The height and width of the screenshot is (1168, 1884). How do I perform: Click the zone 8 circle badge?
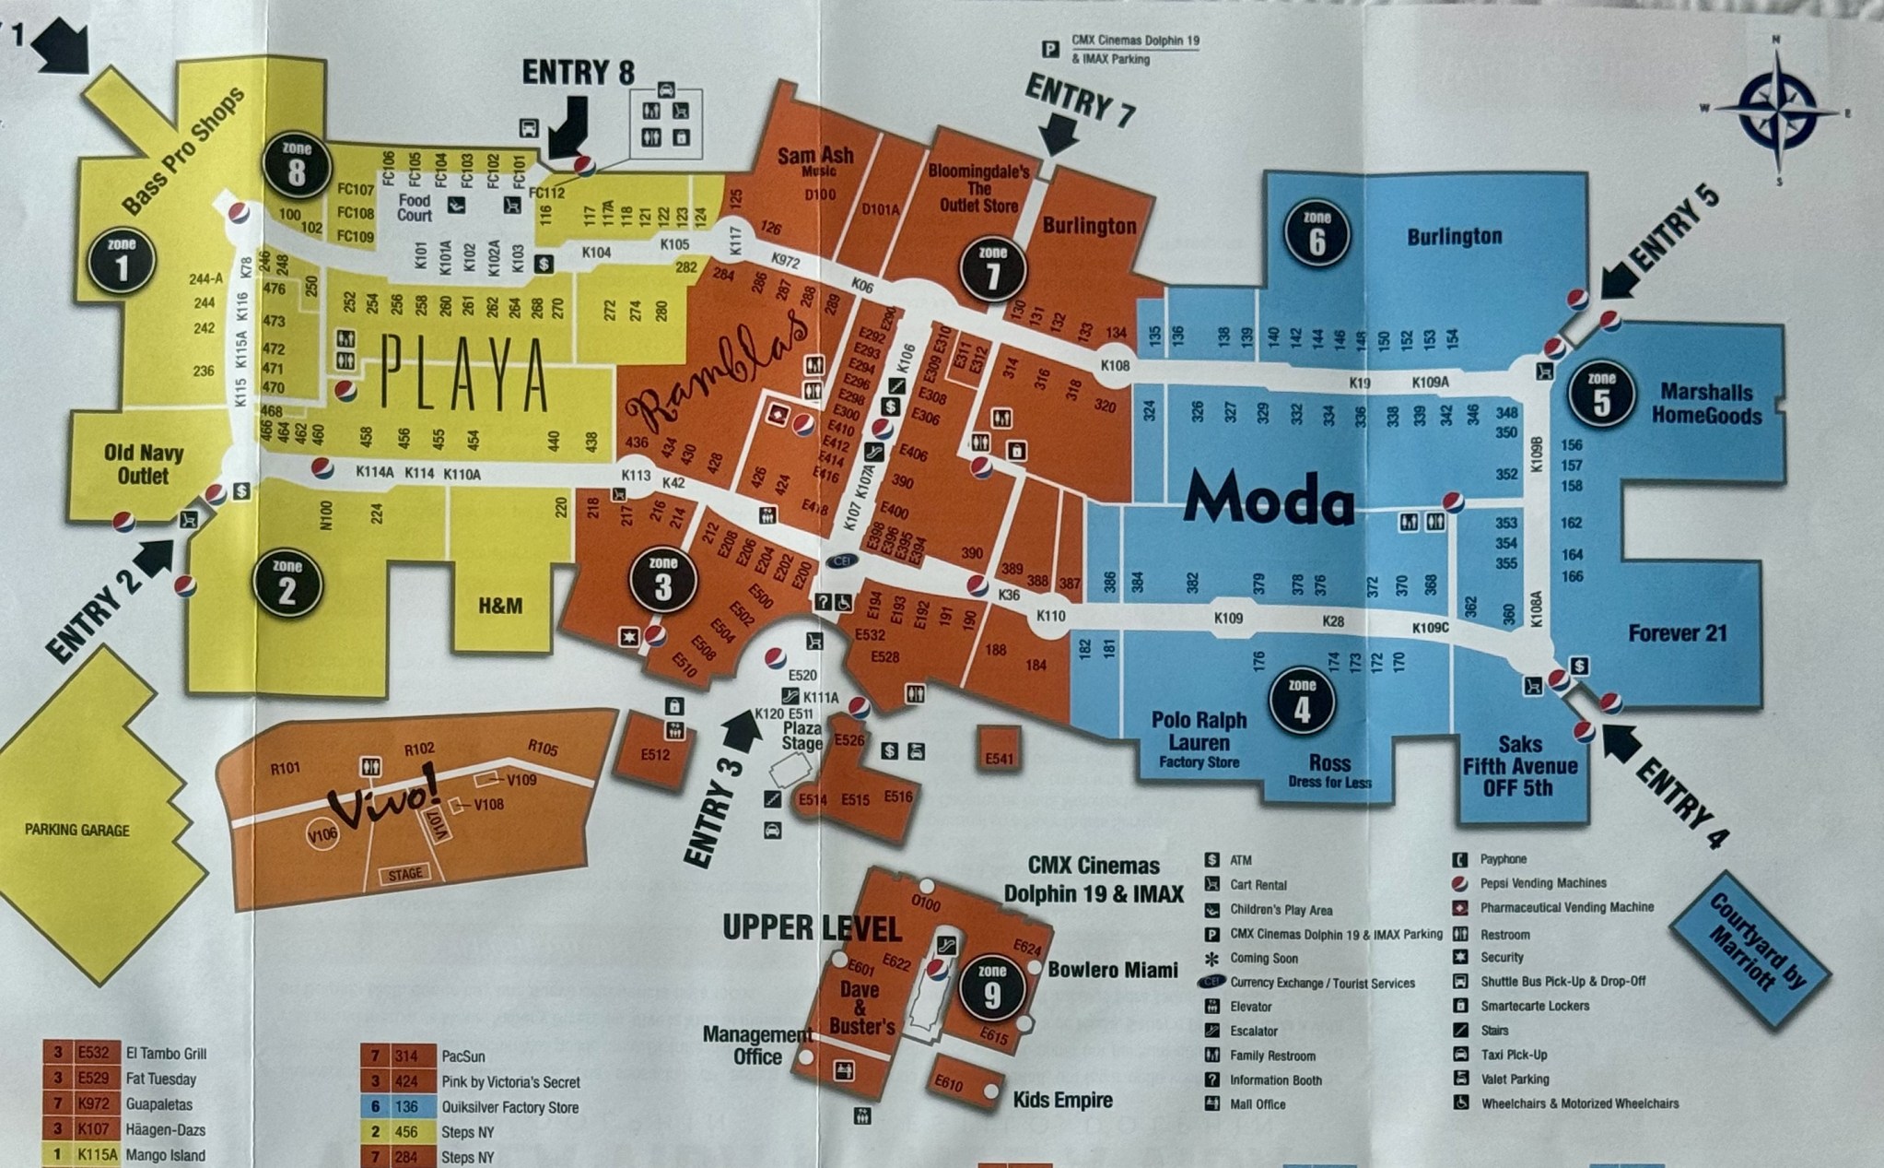click(296, 167)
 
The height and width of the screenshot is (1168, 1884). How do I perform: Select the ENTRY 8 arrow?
click(568, 129)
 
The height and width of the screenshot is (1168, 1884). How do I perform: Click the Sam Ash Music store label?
click(815, 161)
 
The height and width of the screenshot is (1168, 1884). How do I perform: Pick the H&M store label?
click(500, 606)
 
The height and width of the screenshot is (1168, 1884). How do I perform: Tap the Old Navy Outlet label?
click(144, 464)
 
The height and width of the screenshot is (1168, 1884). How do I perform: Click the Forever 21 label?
click(1677, 633)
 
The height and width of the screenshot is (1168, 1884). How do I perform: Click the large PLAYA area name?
click(465, 373)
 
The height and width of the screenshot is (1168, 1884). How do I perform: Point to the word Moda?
click(1269, 501)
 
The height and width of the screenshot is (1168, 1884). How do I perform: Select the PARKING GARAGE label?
click(77, 830)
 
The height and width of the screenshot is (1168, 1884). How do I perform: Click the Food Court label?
click(415, 207)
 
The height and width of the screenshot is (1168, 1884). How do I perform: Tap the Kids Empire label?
click(1062, 1100)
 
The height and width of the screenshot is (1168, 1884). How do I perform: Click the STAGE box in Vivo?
click(404, 873)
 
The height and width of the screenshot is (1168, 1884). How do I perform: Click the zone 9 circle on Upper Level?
click(991, 989)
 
